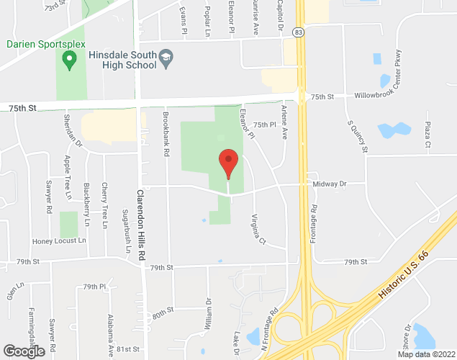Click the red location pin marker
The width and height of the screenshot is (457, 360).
coord(228,162)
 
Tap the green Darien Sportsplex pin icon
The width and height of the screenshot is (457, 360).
coord(70,62)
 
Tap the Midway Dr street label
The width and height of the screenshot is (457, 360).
coord(330,184)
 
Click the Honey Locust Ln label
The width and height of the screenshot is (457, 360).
coord(58,241)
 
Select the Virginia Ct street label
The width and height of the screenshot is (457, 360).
coord(258,229)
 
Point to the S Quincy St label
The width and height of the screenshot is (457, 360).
coord(357,135)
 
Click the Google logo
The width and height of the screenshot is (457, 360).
coord(24,351)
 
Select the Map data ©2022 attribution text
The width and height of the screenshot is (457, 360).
coord(425,354)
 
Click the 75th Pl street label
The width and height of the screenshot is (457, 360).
coord(265,125)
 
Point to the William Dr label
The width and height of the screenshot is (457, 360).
coord(208,315)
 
